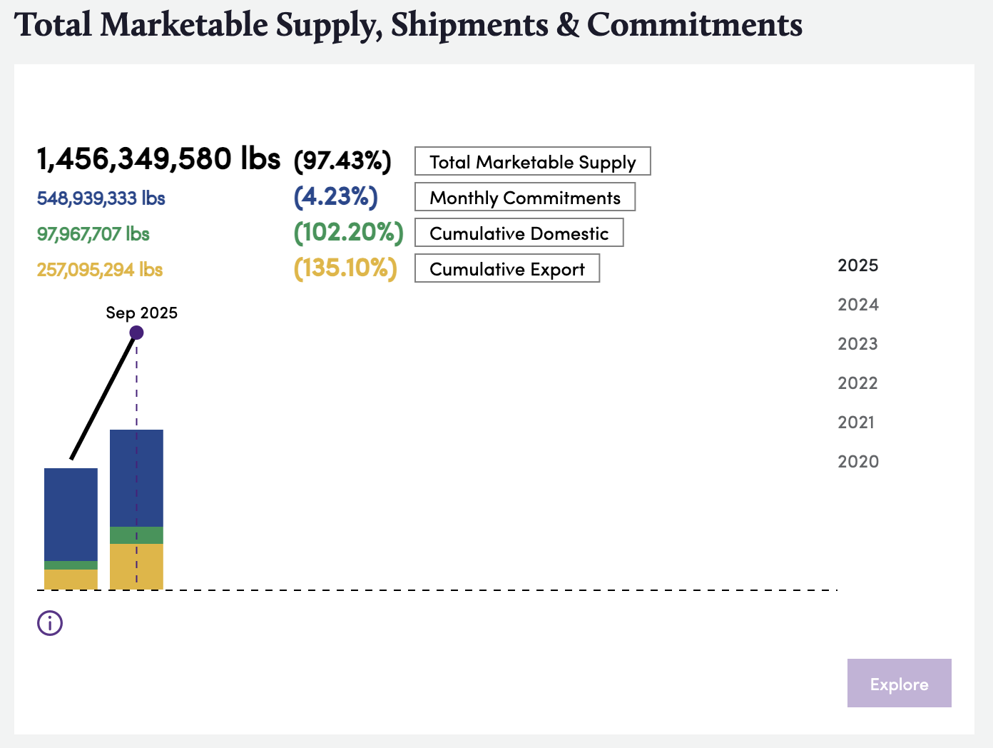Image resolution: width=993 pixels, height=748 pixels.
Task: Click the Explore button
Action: [x=899, y=683]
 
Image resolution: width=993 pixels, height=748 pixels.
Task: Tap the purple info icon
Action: [x=50, y=623]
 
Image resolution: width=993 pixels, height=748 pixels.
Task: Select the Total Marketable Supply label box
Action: [x=532, y=161]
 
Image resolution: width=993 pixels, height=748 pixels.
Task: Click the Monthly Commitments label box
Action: [x=524, y=197]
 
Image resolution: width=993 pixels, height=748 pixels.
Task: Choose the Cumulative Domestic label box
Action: [x=519, y=233]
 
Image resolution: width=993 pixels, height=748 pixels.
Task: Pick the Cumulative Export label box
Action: [x=506, y=268]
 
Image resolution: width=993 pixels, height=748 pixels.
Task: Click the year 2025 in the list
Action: [x=857, y=266]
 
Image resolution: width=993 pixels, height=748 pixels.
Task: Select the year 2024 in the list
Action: [x=857, y=305]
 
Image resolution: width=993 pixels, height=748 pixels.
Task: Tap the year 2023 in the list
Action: [x=857, y=344]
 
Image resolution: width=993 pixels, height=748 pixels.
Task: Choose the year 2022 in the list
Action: [x=857, y=383]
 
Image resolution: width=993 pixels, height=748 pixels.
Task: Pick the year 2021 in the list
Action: [x=856, y=423]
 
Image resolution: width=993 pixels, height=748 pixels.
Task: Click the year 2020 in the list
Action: [x=857, y=462]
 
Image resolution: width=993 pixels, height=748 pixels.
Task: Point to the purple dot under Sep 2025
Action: [x=137, y=333]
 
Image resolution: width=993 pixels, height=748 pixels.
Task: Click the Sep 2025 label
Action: [x=141, y=313]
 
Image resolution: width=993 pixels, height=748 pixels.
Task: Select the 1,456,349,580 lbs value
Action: [x=158, y=158]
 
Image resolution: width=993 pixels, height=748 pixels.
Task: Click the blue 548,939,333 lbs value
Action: [x=101, y=198]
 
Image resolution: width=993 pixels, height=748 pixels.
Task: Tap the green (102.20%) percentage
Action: [x=348, y=233]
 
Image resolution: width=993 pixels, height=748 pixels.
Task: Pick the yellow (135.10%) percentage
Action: [x=345, y=268]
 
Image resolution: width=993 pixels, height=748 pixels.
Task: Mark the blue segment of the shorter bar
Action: [x=71, y=514]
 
